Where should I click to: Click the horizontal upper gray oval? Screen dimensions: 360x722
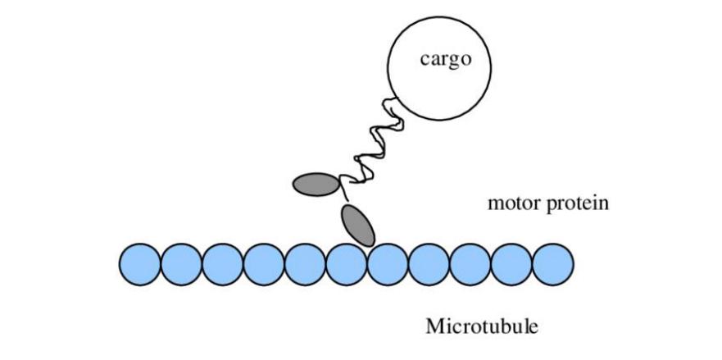(316, 184)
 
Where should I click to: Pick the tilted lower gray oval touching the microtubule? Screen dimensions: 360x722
(357, 226)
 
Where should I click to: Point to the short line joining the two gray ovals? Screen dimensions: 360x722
(343, 198)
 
